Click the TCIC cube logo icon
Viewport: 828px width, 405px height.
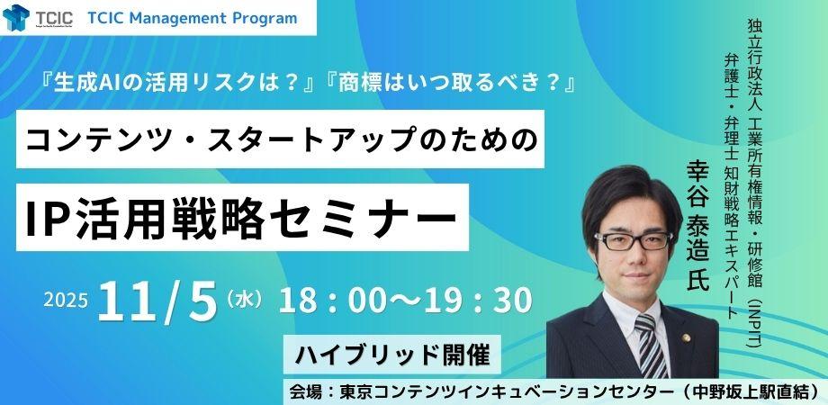[16, 17]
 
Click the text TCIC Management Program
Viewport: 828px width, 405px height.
[193, 19]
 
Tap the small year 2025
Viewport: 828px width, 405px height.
[66, 300]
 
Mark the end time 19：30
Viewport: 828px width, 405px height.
[481, 300]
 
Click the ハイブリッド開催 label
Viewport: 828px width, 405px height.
[391, 355]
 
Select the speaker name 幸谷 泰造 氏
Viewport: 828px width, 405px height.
[698, 226]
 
